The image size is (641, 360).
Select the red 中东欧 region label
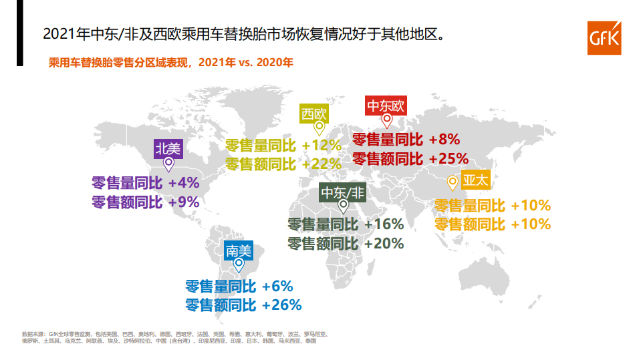click(x=386, y=106)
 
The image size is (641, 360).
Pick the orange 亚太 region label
click(x=476, y=180)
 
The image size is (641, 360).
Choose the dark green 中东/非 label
click(x=344, y=192)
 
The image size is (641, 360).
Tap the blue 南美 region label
click(x=239, y=251)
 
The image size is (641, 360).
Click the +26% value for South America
click(x=282, y=305)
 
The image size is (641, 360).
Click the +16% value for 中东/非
click(x=384, y=224)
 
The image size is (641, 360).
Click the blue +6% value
click(x=277, y=287)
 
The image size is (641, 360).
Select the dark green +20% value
click(x=384, y=244)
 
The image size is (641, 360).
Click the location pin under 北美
click(x=169, y=164)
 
